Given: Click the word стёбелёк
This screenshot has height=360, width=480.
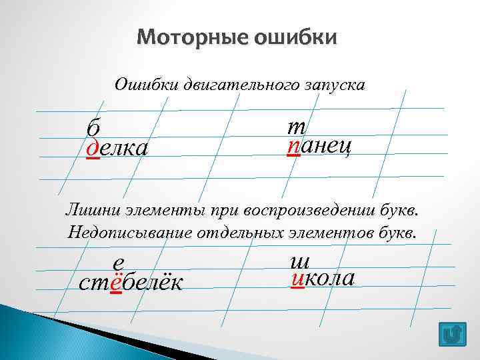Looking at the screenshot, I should coord(131,283).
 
